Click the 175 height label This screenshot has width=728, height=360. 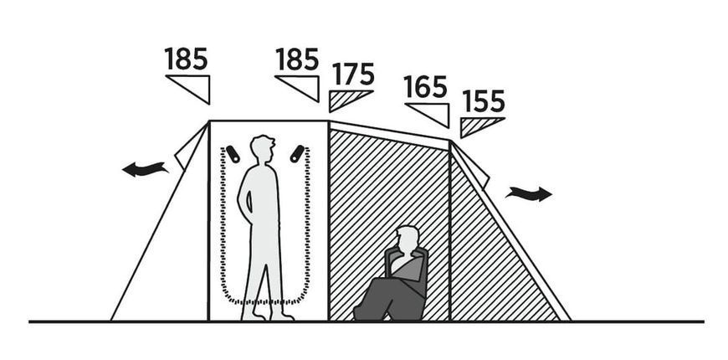point(353,75)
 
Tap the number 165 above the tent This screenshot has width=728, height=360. point(425,87)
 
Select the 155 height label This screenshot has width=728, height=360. point(484,101)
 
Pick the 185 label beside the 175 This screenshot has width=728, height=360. point(297,59)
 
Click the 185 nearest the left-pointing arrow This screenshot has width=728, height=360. point(186,59)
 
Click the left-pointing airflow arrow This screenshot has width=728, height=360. point(145,168)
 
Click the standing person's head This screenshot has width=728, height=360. point(262,149)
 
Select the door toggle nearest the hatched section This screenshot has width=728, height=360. point(298,154)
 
